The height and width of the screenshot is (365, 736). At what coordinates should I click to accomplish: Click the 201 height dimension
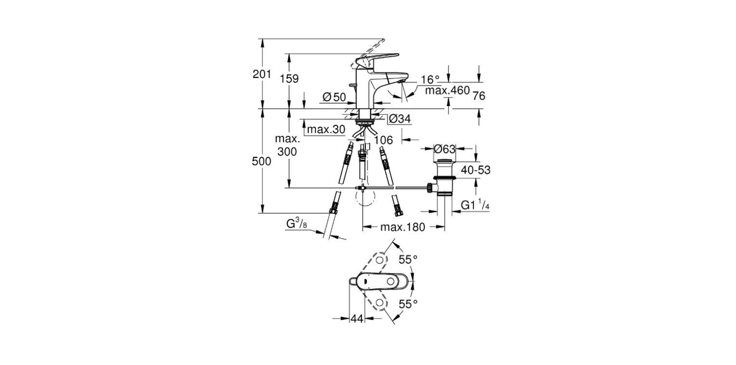[262, 75]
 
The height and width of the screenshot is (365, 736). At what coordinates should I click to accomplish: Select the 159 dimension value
[289, 79]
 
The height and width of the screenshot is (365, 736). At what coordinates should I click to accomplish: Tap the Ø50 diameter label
[334, 97]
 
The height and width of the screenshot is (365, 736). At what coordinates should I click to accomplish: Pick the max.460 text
[447, 90]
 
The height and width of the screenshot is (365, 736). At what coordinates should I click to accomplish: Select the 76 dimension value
[478, 96]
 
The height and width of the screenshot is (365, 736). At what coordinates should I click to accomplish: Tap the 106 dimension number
[383, 140]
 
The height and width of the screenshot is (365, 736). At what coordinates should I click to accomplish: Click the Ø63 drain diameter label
[445, 148]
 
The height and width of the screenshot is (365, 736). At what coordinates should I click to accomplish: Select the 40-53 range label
[475, 170]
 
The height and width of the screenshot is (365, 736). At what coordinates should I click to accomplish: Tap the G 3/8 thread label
[296, 222]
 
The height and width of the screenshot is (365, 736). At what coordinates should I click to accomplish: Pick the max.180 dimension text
[402, 227]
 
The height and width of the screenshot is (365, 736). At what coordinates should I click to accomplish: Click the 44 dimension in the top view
[357, 319]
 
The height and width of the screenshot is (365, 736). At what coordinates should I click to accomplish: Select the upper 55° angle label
[408, 260]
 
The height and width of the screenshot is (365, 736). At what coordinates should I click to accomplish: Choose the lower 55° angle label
[408, 304]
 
